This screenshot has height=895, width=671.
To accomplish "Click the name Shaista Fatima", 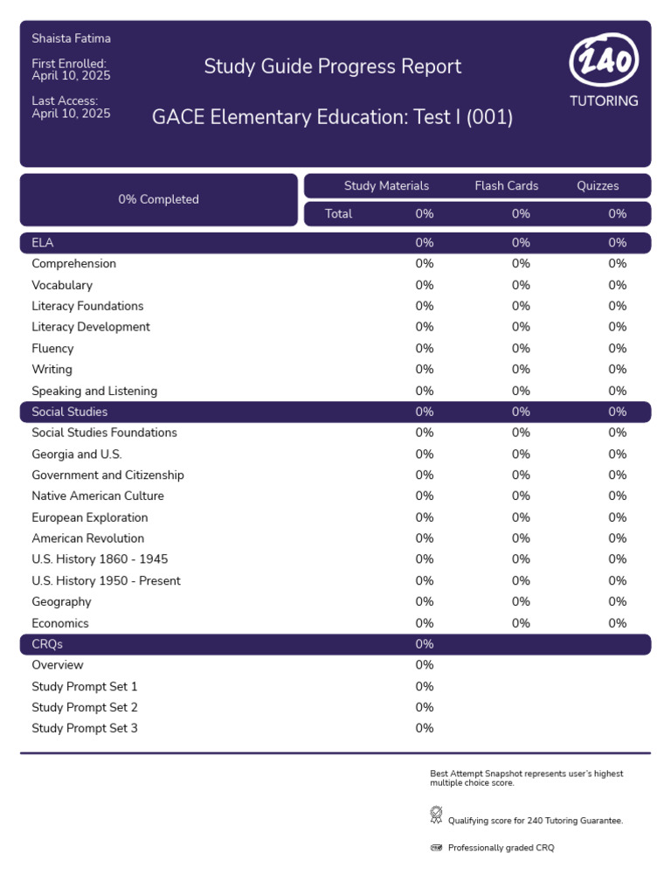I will click(x=72, y=38).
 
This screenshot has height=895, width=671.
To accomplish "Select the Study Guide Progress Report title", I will click(x=333, y=66).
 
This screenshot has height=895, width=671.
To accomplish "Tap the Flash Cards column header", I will click(x=507, y=185).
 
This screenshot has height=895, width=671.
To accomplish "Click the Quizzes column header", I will click(x=598, y=185).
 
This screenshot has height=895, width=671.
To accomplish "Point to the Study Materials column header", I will click(x=386, y=185).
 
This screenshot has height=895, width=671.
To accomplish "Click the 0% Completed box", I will click(x=159, y=199).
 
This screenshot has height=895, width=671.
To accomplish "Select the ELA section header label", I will click(x=43, y=243).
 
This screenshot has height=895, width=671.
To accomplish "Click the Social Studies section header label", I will click(x=70, y=412).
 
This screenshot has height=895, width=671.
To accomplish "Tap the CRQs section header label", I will click(x=47, y=644).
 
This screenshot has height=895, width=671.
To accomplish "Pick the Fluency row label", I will click(x=52, y=348).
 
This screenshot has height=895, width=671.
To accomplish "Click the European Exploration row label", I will click(x=90, y=517).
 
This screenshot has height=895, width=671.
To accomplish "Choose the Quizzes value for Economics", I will click(x=618, y=623).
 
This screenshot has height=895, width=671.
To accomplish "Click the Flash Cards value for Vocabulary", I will click(x=521, y=285).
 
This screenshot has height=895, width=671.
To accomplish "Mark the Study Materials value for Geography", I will click(x=425, y=601).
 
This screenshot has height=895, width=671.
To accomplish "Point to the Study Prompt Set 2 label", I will click(x=85, y=707).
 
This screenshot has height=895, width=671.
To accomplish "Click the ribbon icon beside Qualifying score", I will click(x=437, y=815).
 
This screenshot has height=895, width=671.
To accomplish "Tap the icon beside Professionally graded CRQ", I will click(x=437, y=848).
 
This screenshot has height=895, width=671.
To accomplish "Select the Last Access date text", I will click(x=71, y=113).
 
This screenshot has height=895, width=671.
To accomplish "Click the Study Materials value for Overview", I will click(x=425, y=665).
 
